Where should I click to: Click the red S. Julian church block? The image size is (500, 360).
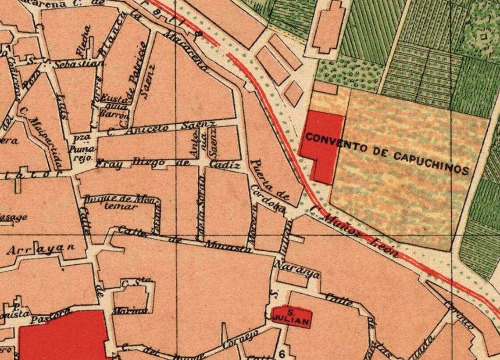point(291,317)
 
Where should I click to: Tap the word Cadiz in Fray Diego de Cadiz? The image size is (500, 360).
point(225,165)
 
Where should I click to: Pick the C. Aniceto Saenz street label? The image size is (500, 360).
point(167,128)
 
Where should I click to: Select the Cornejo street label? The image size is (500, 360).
point(239,338)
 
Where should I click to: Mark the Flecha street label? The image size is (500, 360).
point(83,40)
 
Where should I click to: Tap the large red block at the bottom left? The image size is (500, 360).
point(64,336)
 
